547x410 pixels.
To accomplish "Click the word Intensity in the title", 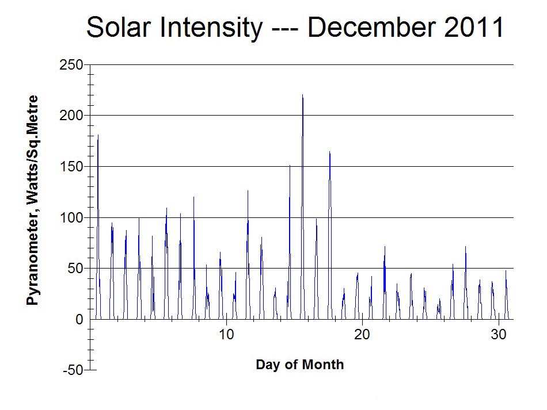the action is tap(211, 28).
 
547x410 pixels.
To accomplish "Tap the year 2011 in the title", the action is tap(474, 27).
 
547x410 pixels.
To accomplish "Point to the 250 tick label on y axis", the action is tap(71, 65).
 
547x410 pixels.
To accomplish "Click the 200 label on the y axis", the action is tap(71, 116).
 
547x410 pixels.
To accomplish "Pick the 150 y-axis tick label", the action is tap(71, 167).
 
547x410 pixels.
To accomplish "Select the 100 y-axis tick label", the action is tap(71, 218).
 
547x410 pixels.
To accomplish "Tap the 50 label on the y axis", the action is tap(75, 269).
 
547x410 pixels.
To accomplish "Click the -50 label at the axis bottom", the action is tap(73, 370).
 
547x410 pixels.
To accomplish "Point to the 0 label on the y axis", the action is tap(79, 319).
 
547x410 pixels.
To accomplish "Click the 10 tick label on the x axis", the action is tap(226, 335).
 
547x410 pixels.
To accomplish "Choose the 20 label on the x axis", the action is tap(362, 335).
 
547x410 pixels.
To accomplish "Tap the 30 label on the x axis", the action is tap(498, 335).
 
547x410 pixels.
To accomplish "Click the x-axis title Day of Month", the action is tap(299, 365).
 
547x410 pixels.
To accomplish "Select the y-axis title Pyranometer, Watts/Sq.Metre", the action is tap(32, 200).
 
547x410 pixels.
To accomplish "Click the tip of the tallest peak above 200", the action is tap(302, 94).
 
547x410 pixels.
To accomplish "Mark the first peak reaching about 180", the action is tap(98, 135).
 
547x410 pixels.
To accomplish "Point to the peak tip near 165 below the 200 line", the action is tap(330, 152).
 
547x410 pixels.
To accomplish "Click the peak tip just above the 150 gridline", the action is tap(290, 165).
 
